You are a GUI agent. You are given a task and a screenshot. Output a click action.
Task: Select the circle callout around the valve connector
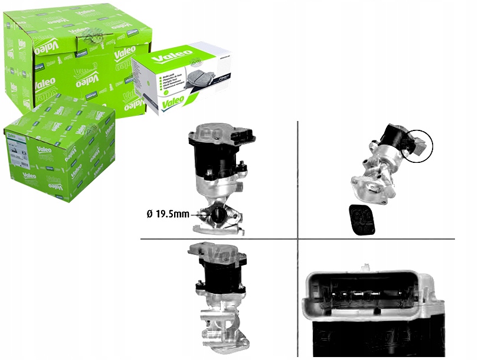click(416, 146)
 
